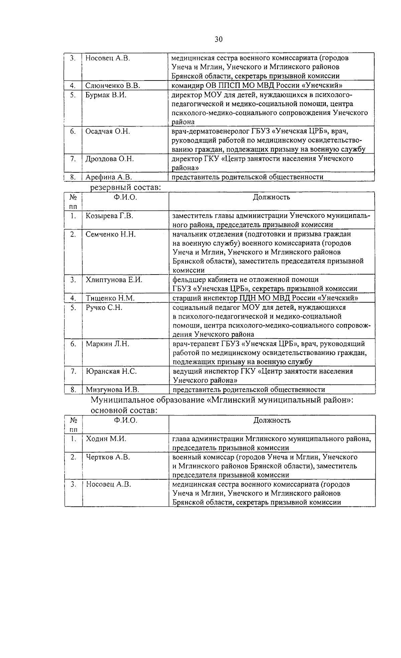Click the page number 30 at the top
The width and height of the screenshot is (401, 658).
tap(219, 39)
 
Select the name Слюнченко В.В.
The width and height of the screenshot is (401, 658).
tap(113, 86)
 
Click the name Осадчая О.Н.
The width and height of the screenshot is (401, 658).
tap(108, 131)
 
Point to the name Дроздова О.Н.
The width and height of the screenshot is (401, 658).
tap(110, 159)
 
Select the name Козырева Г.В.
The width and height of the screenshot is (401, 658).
tap(109, 216)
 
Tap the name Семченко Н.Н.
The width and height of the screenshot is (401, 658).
tap(111, 234)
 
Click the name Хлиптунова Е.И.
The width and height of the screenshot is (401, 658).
tap(114, 280)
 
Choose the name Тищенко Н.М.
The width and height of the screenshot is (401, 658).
tap(111, 298)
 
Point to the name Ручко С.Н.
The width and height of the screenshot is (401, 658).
tap(104, 307)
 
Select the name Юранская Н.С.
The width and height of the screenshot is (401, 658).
tap(111, 371)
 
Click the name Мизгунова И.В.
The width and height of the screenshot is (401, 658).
tap(112, 389)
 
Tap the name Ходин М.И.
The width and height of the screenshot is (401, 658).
tap(106, 439)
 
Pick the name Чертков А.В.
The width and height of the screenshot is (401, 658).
tap(108, 457)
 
